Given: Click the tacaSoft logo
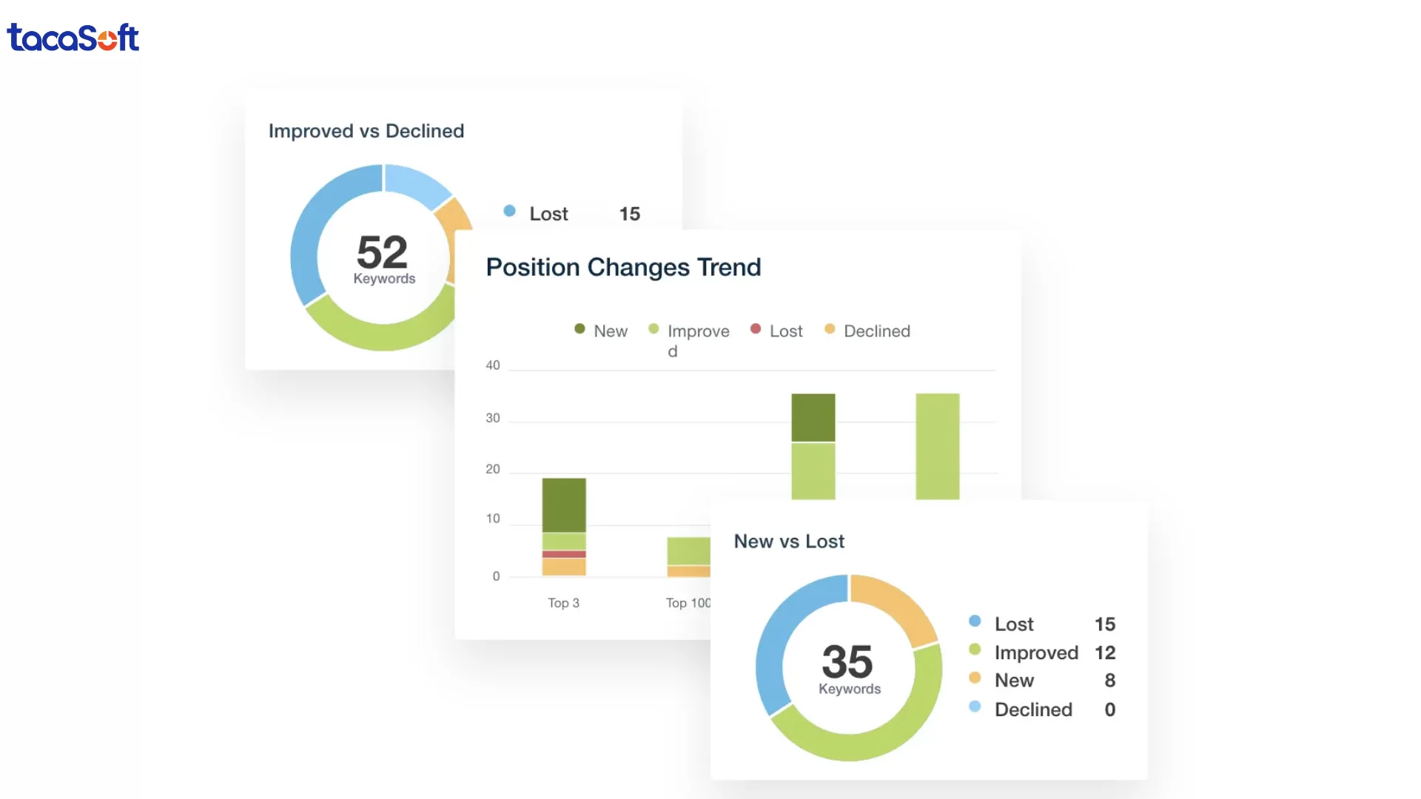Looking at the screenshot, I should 73,38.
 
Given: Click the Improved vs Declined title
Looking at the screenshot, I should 366,131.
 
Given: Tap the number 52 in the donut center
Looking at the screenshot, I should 382,252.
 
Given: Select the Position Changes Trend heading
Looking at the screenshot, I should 623,267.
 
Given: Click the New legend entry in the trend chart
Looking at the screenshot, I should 602,331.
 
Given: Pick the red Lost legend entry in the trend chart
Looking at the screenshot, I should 776,331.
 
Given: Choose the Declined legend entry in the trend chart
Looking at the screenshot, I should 867,331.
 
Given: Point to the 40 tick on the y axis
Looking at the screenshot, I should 493,365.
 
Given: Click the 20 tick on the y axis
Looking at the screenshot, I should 493,469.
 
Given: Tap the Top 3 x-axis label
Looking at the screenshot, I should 563,603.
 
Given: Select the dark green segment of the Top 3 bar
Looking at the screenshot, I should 564,505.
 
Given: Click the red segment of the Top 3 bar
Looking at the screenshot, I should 564,554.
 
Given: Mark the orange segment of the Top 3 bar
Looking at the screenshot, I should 564,567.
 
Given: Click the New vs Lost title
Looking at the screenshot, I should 789,542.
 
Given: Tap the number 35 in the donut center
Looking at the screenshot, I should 847,661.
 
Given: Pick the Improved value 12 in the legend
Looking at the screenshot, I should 1105,653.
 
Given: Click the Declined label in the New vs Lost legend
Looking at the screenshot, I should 1033,709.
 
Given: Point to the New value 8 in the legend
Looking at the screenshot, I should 1109,681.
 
